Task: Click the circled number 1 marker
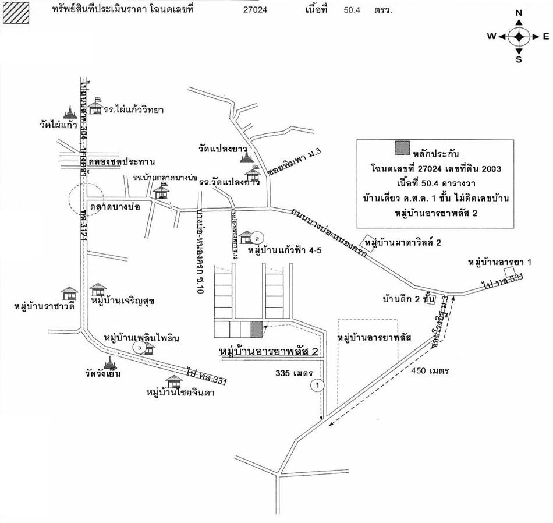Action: click(318, 384)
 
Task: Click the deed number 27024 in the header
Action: click(256, 10)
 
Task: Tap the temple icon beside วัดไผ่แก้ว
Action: click(69, 111)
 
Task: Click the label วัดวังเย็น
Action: click(102, 374)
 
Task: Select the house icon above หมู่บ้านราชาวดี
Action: click(69, 293)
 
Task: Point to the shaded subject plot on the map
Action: click(256, 329)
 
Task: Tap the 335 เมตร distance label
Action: click(295, 373)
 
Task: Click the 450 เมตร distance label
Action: click(430, 370)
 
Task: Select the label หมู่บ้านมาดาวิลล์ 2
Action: click(407, 242)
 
